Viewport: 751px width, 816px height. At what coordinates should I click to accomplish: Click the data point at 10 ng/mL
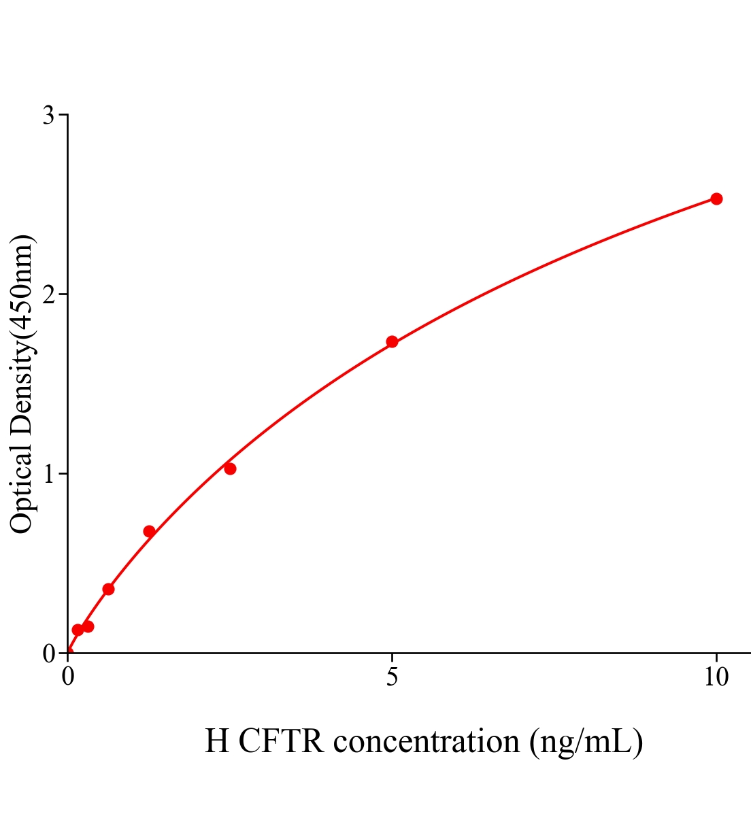pos(716,199)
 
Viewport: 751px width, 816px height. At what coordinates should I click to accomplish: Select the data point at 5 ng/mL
pos(392,341)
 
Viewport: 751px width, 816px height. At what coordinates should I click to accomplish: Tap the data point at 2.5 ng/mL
pos(230,469)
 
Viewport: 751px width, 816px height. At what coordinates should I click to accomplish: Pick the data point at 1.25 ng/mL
pos(149,531)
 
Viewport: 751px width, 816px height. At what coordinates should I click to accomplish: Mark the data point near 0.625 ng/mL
pos(108,589)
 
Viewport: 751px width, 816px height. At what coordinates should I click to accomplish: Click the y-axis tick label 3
pos(48,116)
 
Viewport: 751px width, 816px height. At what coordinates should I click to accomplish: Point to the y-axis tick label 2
pos(48,294)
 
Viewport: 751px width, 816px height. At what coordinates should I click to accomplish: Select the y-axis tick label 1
pos(48,474)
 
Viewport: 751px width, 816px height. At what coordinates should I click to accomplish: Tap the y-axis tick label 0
pos(48,653)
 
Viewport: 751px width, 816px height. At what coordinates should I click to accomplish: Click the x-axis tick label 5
pos(392,677)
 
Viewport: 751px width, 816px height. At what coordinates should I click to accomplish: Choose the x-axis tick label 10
pos(716,677)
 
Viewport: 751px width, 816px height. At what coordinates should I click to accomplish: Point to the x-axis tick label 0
pos(68,677)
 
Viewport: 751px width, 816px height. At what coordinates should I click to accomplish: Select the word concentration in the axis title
pos(427,741)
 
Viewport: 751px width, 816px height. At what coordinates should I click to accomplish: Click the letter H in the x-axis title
pos(217,741)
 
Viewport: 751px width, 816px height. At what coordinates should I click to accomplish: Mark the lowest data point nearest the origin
pos(78,630)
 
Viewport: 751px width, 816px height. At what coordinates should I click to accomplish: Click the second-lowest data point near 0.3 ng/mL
pos(88,626)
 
